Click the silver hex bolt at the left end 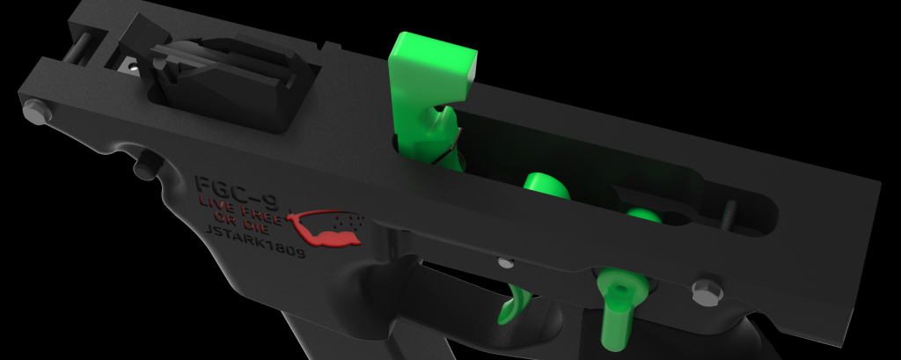35,111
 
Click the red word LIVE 220,205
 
